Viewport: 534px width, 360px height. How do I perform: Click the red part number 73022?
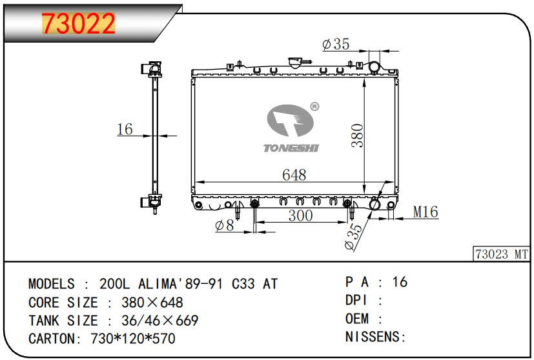pos(78,23)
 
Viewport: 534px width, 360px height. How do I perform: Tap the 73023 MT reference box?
pos(501,254)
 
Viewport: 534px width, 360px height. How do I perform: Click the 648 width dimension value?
pos(294,175)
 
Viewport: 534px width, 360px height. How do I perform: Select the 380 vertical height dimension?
pos(357,135)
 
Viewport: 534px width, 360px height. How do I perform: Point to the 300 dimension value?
pos(300,215)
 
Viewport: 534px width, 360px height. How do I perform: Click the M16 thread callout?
pos(426,212)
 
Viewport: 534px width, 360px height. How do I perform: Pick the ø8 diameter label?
pos(225,225)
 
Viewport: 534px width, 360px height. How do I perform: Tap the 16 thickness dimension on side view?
pos(125,129)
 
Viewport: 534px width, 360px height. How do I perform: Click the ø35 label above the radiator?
pos(336,44)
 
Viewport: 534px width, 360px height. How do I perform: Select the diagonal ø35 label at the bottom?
pos(353,237)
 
